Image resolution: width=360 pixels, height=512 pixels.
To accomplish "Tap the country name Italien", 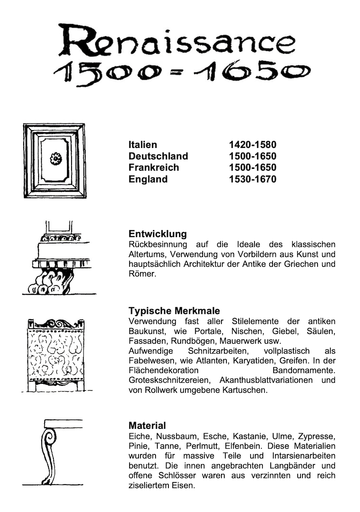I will (143, 145).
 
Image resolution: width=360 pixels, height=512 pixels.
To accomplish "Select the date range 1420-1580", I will (252, 145).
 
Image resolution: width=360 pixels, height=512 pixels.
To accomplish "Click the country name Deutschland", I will (158, 156).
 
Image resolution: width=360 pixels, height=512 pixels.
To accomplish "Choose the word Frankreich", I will (153, 167).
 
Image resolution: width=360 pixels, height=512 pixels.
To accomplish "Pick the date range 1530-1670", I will (252, 179).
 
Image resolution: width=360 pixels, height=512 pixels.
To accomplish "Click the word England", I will (148, 179).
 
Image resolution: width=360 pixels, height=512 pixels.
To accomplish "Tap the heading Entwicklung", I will (158, 234).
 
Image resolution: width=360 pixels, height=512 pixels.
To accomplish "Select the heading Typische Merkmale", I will (174, 311).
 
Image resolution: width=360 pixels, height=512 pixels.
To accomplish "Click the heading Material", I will (147, 426).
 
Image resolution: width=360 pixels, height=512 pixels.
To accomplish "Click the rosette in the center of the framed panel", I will (56, 158).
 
